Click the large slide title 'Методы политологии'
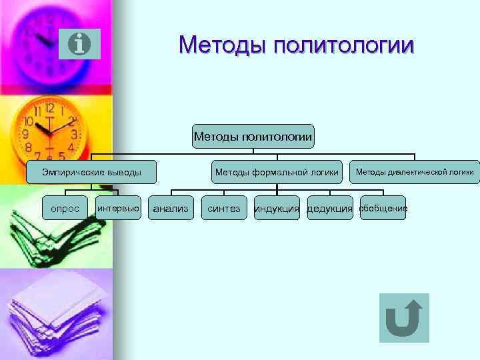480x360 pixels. coord(296,45)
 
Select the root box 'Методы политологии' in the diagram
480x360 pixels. coord(253,137)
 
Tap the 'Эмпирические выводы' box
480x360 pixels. coord(92,173)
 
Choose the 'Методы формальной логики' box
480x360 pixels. coord(277,173)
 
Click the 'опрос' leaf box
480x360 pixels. coord(65,209)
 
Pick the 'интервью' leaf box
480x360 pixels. coord(118,209)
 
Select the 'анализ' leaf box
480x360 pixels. coord(171,209)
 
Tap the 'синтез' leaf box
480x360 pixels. coord(224,209)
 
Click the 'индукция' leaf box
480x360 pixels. coord(277,209)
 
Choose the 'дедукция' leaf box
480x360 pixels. coord(329,209)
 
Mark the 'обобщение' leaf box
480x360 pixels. coord(383,209)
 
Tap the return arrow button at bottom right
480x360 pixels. coord(403,318)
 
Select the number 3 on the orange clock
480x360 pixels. coord(75,134)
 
